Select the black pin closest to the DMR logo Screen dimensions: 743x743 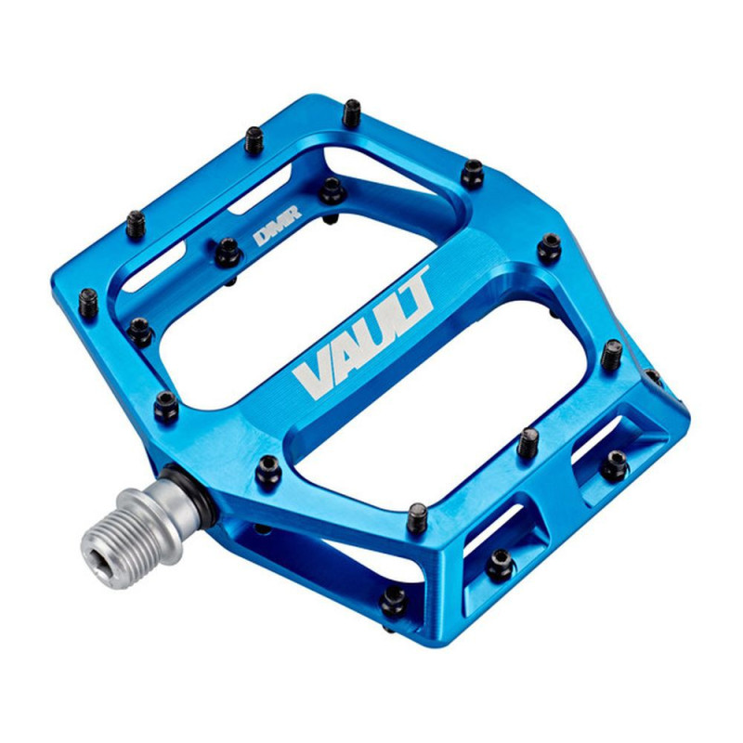[227, 251]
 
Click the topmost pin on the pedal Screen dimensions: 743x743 [352, 112]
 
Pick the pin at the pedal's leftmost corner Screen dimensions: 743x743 [88, 300]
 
